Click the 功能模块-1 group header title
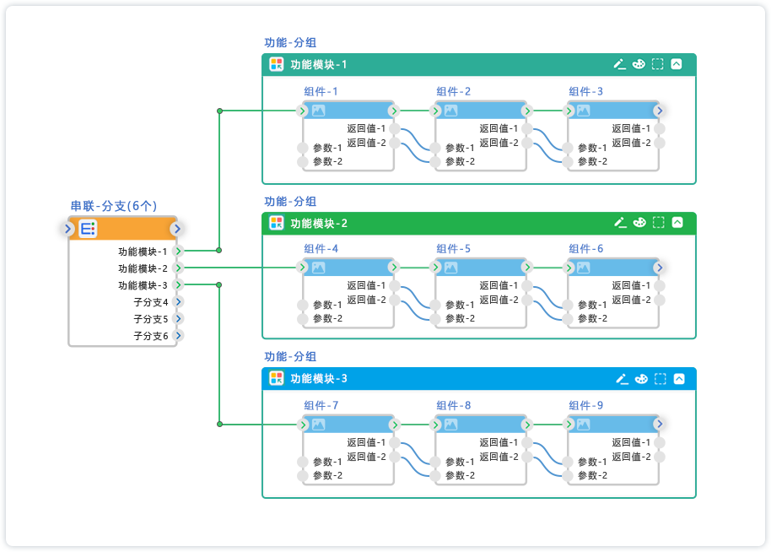(x=319, y=65)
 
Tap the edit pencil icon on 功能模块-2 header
(x=620, y=222)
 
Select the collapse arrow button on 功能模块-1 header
(x=676, y=64)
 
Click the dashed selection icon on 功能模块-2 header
(x=659, y=222)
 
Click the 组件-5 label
(x=454, y=249)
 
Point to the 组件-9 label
(x=586, y=406)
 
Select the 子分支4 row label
(x=151, y=302)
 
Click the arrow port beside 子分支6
(x=179, y=336)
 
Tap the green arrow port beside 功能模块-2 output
(x=178, y=268)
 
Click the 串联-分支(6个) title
(x=113, y=206)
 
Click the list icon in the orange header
(x=89, y=228)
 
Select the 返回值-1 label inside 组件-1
(x=366, y=129)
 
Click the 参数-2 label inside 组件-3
(x=592, y=161)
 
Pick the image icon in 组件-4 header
(x=319, y=268)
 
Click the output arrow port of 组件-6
(x=660, y=268)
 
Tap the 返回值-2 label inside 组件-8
(x=499, y=457)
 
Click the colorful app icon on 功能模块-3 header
(x=276, y=378)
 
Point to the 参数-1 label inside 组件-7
(x=327, y=462)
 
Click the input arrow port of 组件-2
(x=436, y=111)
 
